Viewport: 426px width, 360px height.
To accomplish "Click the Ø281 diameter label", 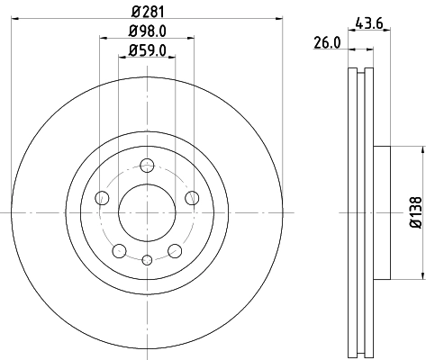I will click(146, 12).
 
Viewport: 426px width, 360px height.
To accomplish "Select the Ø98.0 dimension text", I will click(146, 33).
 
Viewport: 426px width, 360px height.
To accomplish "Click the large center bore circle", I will click(146, 211).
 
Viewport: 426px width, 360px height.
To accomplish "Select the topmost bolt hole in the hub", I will click(146, 164).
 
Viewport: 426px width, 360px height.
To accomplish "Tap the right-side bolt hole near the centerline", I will click(191, 197).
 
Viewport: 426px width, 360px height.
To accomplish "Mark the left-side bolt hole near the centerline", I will click(102, 197).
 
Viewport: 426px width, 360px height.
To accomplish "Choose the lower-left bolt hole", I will click(118, 250).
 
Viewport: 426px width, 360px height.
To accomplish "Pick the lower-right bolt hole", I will click(174, 250).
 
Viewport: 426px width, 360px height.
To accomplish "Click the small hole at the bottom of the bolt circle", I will click(146, 259).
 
